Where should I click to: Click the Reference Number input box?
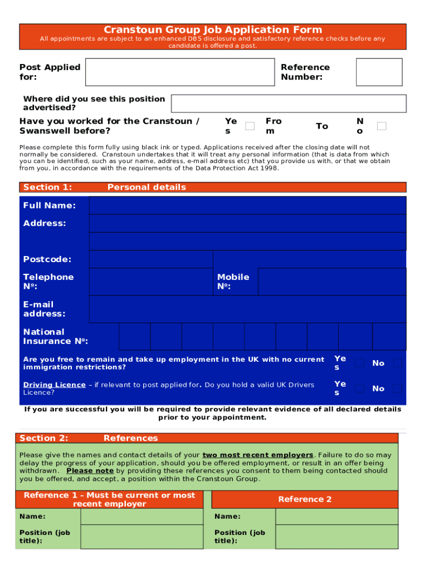point(379,72)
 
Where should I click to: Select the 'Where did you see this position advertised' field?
point(289,104)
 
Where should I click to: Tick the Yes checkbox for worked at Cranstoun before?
point(250,126)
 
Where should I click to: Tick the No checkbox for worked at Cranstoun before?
point(382,126)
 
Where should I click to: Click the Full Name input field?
point(247,205)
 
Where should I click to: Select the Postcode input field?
point(151,259)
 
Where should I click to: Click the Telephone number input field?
point(151,281)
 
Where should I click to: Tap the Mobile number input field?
point(332,281)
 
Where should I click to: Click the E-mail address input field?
point(247,309)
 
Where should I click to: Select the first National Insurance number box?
point(134,336)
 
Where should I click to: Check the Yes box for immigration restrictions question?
point(360,363)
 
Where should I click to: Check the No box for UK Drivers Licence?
point(397,389)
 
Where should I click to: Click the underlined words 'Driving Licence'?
point(55,385)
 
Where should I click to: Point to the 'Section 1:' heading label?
point(47,187)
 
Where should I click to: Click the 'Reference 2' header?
point(305,499)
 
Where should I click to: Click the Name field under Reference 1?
point(142,517)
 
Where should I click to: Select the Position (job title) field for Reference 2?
point(337,537)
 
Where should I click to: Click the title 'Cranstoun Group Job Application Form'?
point(213,30)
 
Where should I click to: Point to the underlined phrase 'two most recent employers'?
point(257,455)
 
